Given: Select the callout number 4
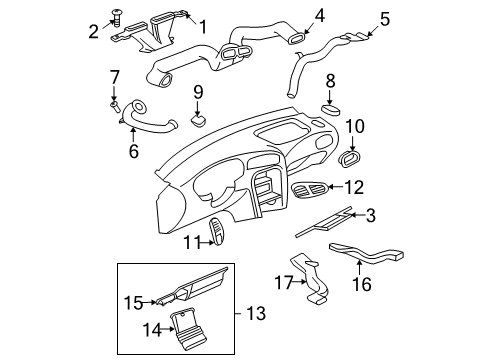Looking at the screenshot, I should click(x=292, y=15).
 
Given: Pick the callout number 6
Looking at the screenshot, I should click(x=132, y=151).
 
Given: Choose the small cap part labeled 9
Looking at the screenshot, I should click(x=198, y=120).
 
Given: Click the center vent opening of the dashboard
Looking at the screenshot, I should click(x=266, y=186).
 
